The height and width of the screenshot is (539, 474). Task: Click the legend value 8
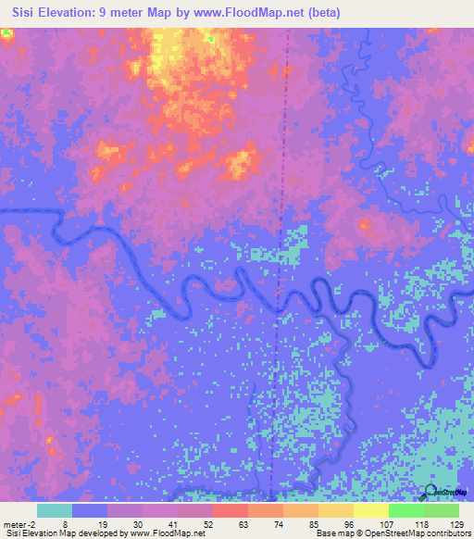click(x=90, y=523)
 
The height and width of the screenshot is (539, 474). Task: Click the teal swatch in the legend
click(x=55, y=510)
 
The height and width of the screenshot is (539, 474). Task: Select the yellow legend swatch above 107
click(x=371, y=510)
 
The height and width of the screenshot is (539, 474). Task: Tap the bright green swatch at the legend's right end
click(x=442, y=510)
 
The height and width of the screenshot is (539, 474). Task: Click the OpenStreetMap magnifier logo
click(x=430, y=492)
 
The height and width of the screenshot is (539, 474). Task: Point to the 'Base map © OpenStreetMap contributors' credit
click(x=391, y=533)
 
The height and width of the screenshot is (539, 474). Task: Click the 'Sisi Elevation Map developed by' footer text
click(x=66, y=533)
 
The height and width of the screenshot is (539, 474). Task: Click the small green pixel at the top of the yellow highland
click(x=210, y=39)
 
